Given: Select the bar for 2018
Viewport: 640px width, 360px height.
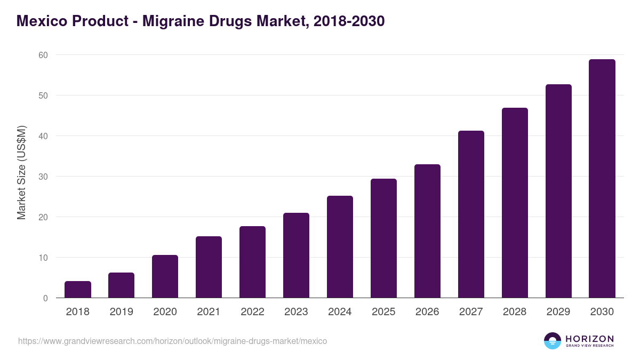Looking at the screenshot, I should click(78, 290).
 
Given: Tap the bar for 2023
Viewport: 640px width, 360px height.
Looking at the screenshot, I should click(296, 255).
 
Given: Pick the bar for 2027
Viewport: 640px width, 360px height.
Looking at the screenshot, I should click(471, 214).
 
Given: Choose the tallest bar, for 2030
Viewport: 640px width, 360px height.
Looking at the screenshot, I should click(602, 179).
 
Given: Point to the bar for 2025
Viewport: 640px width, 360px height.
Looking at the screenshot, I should click(383, 238).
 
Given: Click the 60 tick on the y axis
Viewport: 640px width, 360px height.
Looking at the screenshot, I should click(43, 55).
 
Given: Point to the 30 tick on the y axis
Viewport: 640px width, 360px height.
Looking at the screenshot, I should click(43, 177).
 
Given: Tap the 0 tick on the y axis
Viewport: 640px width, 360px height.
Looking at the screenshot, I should click(45, 298).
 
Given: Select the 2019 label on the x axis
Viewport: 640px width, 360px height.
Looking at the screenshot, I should click(122, 312).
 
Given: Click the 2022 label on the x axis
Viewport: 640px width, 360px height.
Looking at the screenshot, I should click(252, 312).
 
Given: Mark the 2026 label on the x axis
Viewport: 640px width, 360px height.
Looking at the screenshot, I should click(427, 312).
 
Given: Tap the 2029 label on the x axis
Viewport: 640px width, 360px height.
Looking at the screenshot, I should click(558, 312).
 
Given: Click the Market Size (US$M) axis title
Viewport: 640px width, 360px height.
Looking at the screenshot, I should click(21, 172).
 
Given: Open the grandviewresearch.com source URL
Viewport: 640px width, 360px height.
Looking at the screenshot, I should click(172, 341).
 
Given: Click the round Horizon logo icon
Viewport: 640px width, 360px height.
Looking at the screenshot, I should click(553, 341).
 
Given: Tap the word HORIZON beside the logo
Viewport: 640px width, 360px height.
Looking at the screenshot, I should click(589, 338).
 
